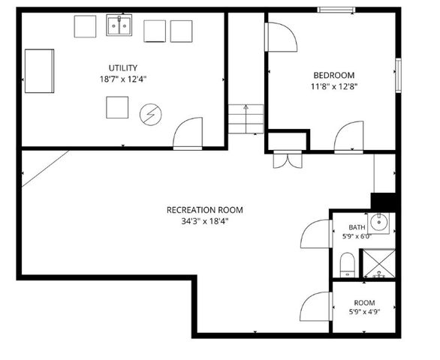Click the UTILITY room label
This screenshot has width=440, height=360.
(x=123, y=67)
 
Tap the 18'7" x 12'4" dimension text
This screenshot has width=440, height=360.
(x=123, y=79)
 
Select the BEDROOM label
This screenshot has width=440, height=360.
(x=334, y=75)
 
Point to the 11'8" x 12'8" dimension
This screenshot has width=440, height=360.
(x=334, y=87)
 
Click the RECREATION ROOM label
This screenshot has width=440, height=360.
(x=205, y=210)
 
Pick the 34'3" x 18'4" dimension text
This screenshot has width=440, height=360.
(x=205, y=221)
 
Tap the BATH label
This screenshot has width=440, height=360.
(x=357, y=227)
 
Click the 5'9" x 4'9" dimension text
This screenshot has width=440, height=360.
(x=364, y=311)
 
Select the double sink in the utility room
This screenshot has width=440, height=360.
(x=119, y=25)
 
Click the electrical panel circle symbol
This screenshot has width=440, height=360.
(x=151, y=115)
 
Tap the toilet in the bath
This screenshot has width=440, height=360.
(x=348, y=265)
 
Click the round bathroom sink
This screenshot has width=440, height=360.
(x=379, y=222)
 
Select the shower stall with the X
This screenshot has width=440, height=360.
(x=379, y=263)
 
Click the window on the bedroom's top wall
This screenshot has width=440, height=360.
(x=336, y=10)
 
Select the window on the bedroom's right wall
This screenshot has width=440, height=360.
(x=398, y=75)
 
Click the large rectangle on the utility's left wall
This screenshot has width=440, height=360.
(x=39, y=71)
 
